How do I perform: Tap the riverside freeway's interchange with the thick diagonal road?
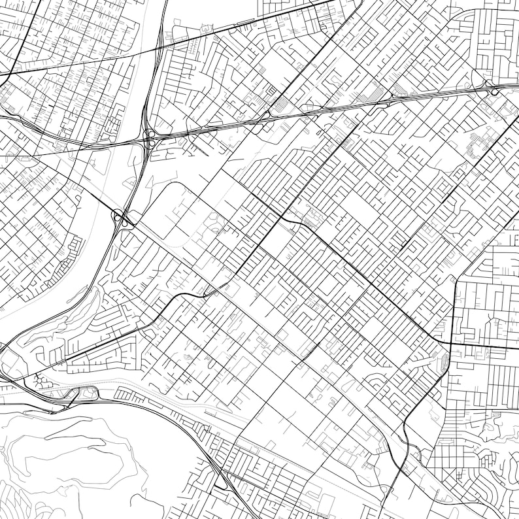point(122,217)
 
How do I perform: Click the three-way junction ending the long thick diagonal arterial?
point(450,343)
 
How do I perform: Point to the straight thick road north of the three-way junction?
point(453,307)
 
